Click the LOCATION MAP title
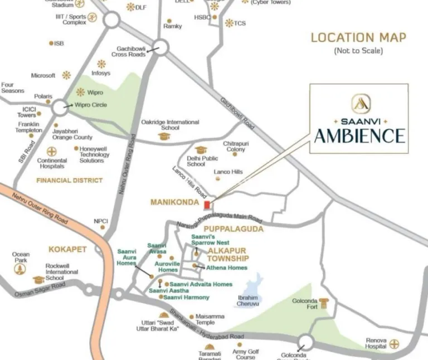coord(358,37)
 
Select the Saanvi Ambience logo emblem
coord(358,104)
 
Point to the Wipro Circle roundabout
coord(59,106)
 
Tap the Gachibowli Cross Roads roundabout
coord(161,48)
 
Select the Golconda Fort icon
coord(324,304)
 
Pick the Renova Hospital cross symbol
coord(395,344)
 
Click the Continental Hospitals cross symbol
coord(52,151)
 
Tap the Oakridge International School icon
coord(163,136)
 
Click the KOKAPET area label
coord(67,249)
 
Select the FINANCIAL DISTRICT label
coord(69,180)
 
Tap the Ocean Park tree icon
coord(21,270)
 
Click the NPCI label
coord(100,221)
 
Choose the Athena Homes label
coord(227,267)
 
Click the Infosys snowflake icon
coord(101,64)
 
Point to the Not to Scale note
coord(358,51)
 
